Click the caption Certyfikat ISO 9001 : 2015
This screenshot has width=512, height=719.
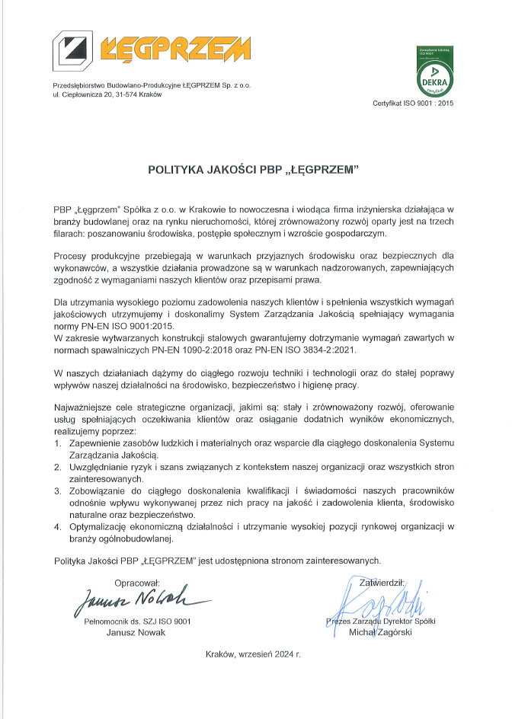coord(412,103)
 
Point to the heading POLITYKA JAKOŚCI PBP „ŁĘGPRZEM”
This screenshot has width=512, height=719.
coord(253,171)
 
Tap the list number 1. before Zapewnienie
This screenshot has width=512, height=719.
coord(58,443)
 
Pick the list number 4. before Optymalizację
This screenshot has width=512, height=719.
coord(58,527)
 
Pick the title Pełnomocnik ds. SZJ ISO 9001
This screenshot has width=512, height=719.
coord(137,622)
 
